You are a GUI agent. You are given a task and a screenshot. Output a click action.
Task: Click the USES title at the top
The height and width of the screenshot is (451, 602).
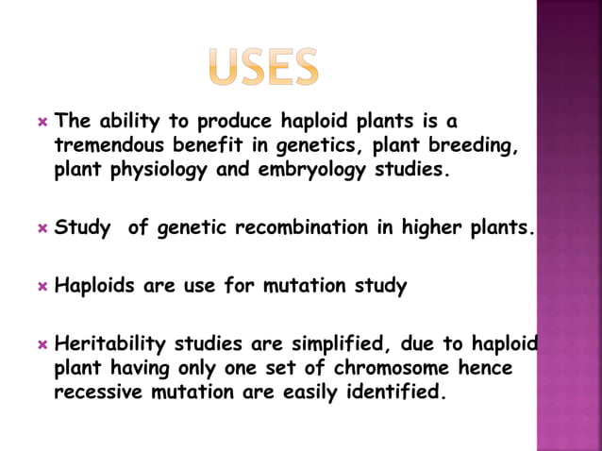tap(263, 66)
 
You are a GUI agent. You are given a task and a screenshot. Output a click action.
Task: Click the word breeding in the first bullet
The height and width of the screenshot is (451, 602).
tap(477, 146)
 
